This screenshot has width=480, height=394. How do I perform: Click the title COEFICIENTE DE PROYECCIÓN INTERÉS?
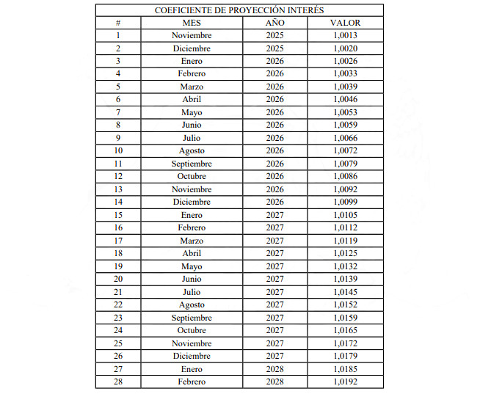click(239, 10)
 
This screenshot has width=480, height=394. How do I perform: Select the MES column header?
click(192, 23)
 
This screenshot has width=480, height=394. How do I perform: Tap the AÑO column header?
click(275, 23)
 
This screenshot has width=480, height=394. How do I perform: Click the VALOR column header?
click(345, 23)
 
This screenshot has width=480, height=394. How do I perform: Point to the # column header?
click(118, 23)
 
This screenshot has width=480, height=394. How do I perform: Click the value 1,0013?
click(345, 35)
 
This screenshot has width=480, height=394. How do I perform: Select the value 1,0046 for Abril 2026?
click(345, 100)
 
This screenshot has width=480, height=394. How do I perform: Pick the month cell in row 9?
click(192, 138)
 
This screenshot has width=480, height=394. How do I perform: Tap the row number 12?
click(118, 177)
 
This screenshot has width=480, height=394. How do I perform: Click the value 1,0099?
click(345, 203)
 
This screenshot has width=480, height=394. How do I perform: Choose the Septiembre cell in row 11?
click(192, 164)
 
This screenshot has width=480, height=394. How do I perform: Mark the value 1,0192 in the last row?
click(345, 382)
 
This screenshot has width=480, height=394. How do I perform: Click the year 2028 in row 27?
click(275, 369)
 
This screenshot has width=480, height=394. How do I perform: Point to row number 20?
click(118, 280)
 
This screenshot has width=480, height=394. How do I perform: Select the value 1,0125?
click(345, 254)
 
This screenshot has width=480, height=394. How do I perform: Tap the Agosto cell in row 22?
click(192, 305)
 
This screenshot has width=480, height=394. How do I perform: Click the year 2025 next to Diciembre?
click(275, 48)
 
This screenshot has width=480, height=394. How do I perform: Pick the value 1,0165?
click(345, 331)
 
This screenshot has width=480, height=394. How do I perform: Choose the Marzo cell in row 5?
click(192, 87)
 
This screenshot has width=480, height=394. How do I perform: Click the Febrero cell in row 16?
click(192, 228)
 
